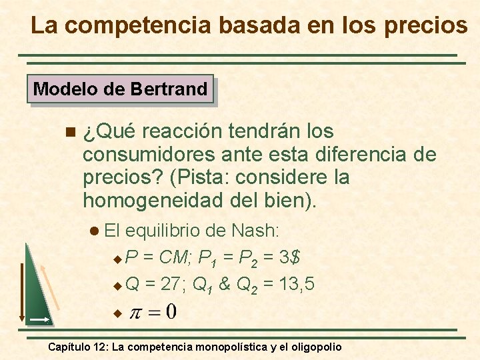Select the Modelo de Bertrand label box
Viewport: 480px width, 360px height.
120,89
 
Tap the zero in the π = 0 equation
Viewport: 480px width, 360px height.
171,311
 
